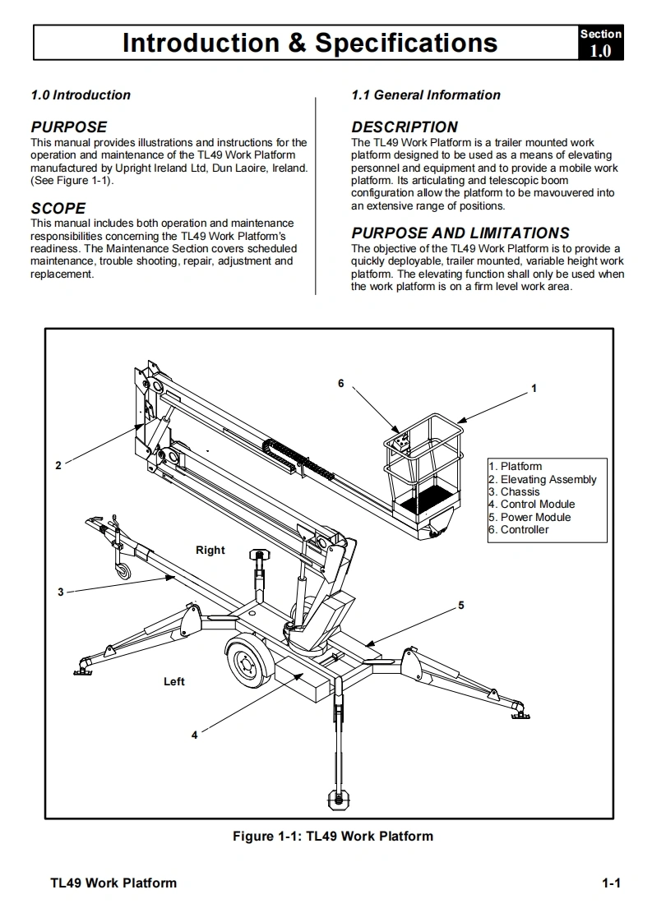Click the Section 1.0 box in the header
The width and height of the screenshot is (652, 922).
(600, 43)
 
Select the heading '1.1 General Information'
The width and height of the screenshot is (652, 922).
(425, 95)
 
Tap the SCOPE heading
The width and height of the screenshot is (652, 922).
(58, 209)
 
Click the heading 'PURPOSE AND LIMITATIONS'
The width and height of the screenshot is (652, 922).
(460, 233)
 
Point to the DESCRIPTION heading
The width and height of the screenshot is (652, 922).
(405, 127)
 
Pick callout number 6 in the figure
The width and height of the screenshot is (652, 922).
(341, 383)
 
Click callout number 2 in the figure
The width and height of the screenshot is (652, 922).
(58, 466)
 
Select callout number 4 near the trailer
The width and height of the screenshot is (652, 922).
(195, 735)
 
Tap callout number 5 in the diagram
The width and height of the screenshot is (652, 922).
(461, 606)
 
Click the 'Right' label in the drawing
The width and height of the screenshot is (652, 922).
(210, 551)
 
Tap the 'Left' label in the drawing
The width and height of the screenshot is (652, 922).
(174, 682)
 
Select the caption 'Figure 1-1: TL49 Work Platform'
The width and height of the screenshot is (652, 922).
(332, 837)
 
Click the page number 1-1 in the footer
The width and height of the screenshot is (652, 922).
(610, 883)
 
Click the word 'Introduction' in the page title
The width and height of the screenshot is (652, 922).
(201, 43)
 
